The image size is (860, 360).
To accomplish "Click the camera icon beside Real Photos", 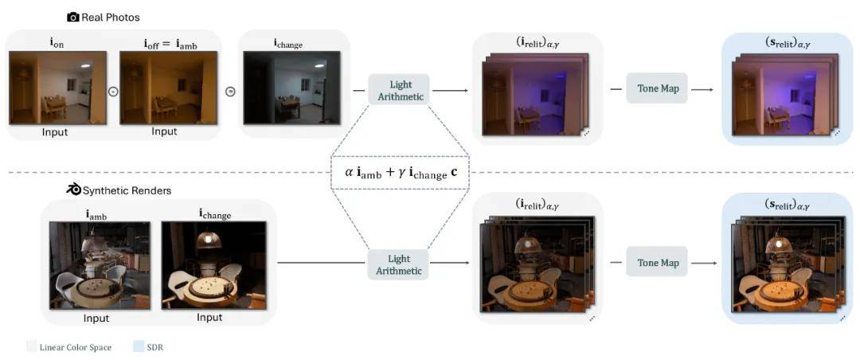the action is point(73,17).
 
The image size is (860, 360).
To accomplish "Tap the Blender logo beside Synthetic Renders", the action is point(73,190).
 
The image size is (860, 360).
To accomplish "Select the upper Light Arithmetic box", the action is point(399,91).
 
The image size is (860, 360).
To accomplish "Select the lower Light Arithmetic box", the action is point(399,264).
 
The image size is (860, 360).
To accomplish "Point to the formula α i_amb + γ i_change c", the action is point(400,172).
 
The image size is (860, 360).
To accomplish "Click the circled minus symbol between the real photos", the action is point(112,91).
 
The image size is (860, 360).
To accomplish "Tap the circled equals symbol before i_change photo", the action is point(231,91).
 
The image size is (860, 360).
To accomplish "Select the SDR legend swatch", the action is point(138,346).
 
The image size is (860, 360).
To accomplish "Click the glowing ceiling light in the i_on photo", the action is point(84,66).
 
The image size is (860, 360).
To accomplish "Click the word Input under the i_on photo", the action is point(55,132).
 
